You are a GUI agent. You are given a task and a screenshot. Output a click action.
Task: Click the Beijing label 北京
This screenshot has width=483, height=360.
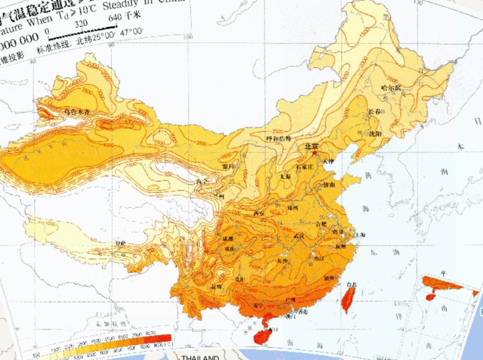pyautogui.click(x=311, y=146)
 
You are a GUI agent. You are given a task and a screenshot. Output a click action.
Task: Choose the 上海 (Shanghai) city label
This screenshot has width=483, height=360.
pyautogui.click(x=361, y=234)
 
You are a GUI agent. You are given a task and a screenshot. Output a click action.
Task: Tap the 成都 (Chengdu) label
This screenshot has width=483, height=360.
pyautogui.click(x=228, y=239)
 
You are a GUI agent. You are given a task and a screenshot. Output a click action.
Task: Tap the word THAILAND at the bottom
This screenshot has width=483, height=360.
pyautogui.click(x=199, y=357)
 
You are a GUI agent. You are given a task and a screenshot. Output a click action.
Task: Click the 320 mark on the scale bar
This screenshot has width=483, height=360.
pyautogui.click(x=81, y=23)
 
